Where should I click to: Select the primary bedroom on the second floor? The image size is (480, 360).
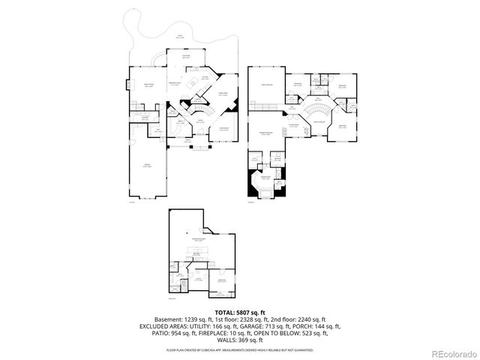[x=265, y=135]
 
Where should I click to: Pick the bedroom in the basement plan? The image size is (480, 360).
[x=222, y=281]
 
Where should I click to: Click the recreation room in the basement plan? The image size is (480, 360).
[x=199, y=238]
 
